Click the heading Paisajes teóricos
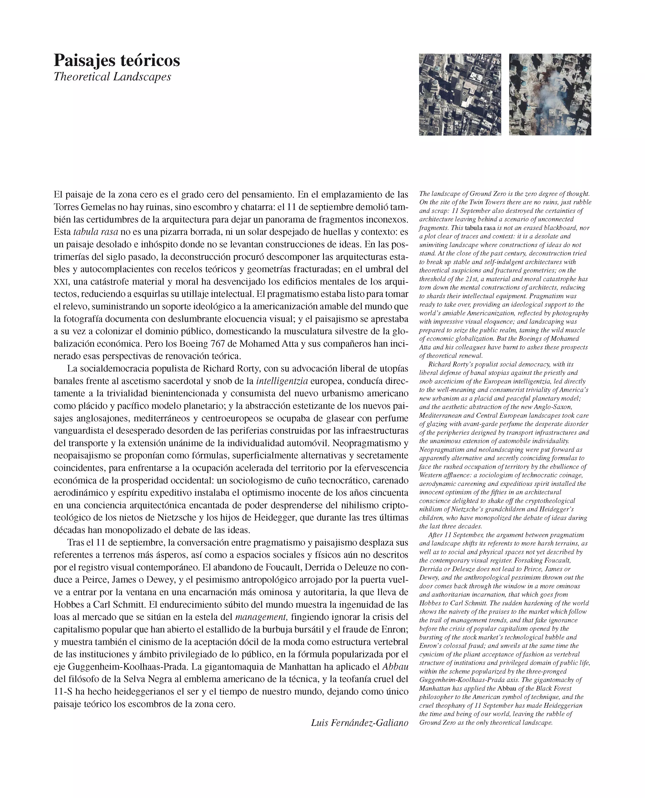117,61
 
